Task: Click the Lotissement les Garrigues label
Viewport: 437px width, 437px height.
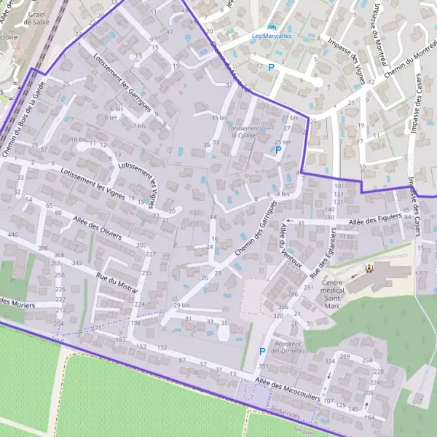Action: pyautogui.click(x=122, y=87)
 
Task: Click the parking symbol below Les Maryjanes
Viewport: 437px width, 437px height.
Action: pyautogui.click(x=272, y=68)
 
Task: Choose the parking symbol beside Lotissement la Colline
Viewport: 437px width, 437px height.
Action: pyautogui.click(x=277, y=150)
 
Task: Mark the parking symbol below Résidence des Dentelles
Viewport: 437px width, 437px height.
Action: pyautogui.click(x=262, y=352)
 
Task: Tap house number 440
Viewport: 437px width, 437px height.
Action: pyautogui.click(x=12, y=235)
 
